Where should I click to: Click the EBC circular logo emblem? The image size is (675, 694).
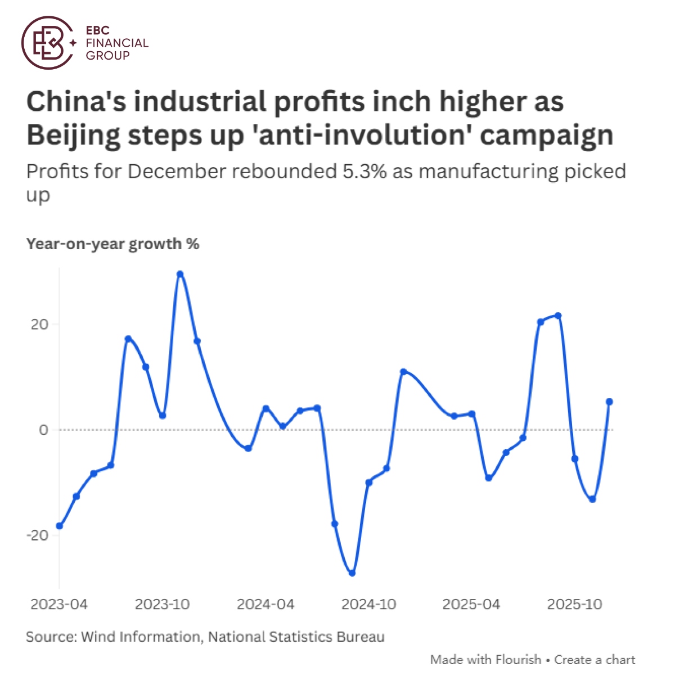point(48,43)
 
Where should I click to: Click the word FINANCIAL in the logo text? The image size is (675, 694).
point(117,43)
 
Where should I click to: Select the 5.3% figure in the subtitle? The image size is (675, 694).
point(364,171)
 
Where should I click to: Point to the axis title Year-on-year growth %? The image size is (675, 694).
point(112,244)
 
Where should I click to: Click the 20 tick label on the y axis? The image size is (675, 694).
point(39,325)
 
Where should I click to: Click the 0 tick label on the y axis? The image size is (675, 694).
point(44,430)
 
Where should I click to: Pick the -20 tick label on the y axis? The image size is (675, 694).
point(37,535)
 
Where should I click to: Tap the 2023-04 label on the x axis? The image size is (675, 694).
point(59,605)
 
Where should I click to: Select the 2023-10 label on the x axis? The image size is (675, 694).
point(163,605)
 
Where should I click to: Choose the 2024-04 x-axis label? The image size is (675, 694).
point(265,605)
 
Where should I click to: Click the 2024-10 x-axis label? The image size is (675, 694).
point(369,605)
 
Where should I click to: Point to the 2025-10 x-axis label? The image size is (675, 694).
point(574,605)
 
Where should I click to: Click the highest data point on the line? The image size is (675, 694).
point(180,274)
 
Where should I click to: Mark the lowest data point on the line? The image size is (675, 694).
point(352,573)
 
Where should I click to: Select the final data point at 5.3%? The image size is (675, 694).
point(609,402)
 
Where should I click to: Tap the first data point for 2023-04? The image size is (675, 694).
point(60,526)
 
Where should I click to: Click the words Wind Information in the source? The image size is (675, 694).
point(141,637)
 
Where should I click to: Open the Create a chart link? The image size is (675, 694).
point(595,660)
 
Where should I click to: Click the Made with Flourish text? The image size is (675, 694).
point(485,660)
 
